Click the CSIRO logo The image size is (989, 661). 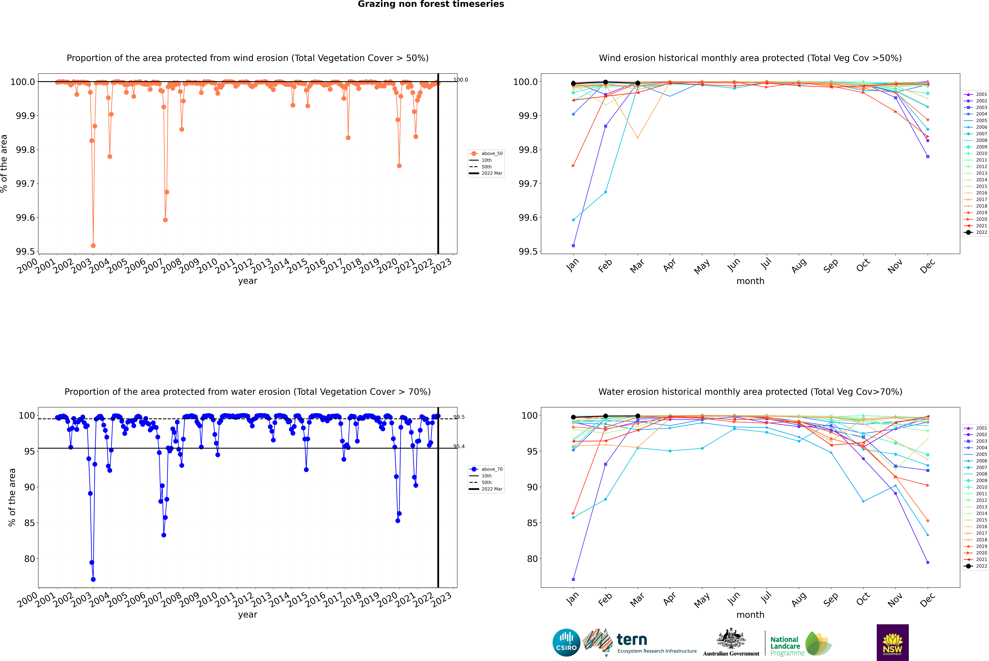pyautogui.click(x=566, y=642)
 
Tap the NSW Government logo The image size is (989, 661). pyautogui.click(x=892, y=642)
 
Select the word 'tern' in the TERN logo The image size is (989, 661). pyautogui.click(x=632, y=640)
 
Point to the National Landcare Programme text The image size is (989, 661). pyautogui.click(x=785, y=646)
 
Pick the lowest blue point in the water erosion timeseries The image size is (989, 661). pyautogui.click(x=93, y=579)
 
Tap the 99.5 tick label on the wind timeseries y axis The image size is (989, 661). pyautogui.click(x=25, y=252)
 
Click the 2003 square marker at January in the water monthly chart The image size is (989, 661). pyautogui.click(x=573, y=579)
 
